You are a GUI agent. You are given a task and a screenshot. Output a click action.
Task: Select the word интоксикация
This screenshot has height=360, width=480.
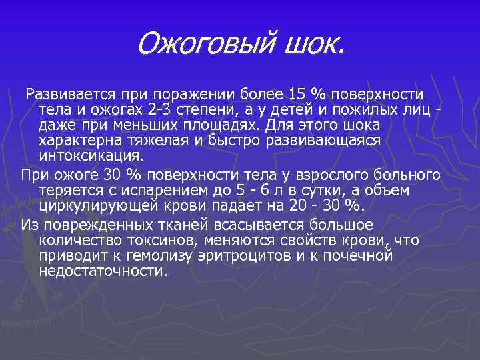[x=91, y=157]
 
